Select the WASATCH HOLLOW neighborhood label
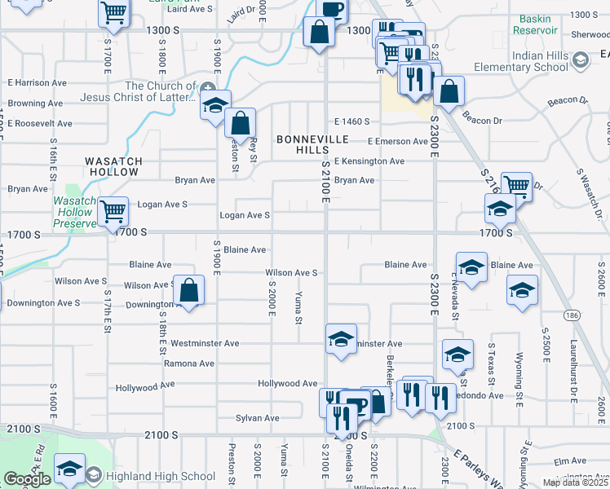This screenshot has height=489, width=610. [114, 167]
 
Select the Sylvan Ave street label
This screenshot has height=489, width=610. [257, 418]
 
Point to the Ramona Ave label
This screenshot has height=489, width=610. [189, 363]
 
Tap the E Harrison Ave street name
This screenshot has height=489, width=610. [37, 83]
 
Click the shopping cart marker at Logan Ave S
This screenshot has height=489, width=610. [113, 210]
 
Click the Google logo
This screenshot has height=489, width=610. [27, 479]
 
